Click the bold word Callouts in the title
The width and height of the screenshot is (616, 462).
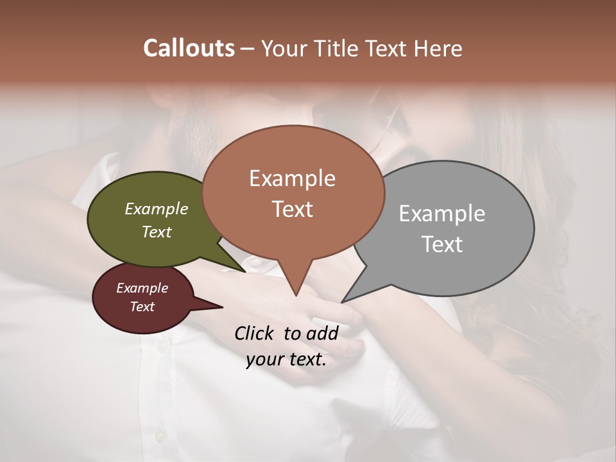tap(189, 48)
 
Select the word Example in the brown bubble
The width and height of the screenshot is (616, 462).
tap(292, 178)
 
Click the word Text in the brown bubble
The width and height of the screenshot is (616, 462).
tap(292, 209)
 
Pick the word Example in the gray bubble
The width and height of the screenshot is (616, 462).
tap(442, 214)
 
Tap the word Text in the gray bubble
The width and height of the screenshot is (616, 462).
tap(442, 244)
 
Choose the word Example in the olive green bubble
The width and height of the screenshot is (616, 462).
tap(157, 209)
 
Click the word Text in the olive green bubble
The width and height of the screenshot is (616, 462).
tap(157, 232)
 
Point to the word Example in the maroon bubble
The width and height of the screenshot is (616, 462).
tap(142, 288)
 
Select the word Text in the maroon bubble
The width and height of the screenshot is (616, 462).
tap(142, 307)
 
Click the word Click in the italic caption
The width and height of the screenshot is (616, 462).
tap(255, 333)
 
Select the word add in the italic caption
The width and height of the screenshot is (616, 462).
tap(322, 333)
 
